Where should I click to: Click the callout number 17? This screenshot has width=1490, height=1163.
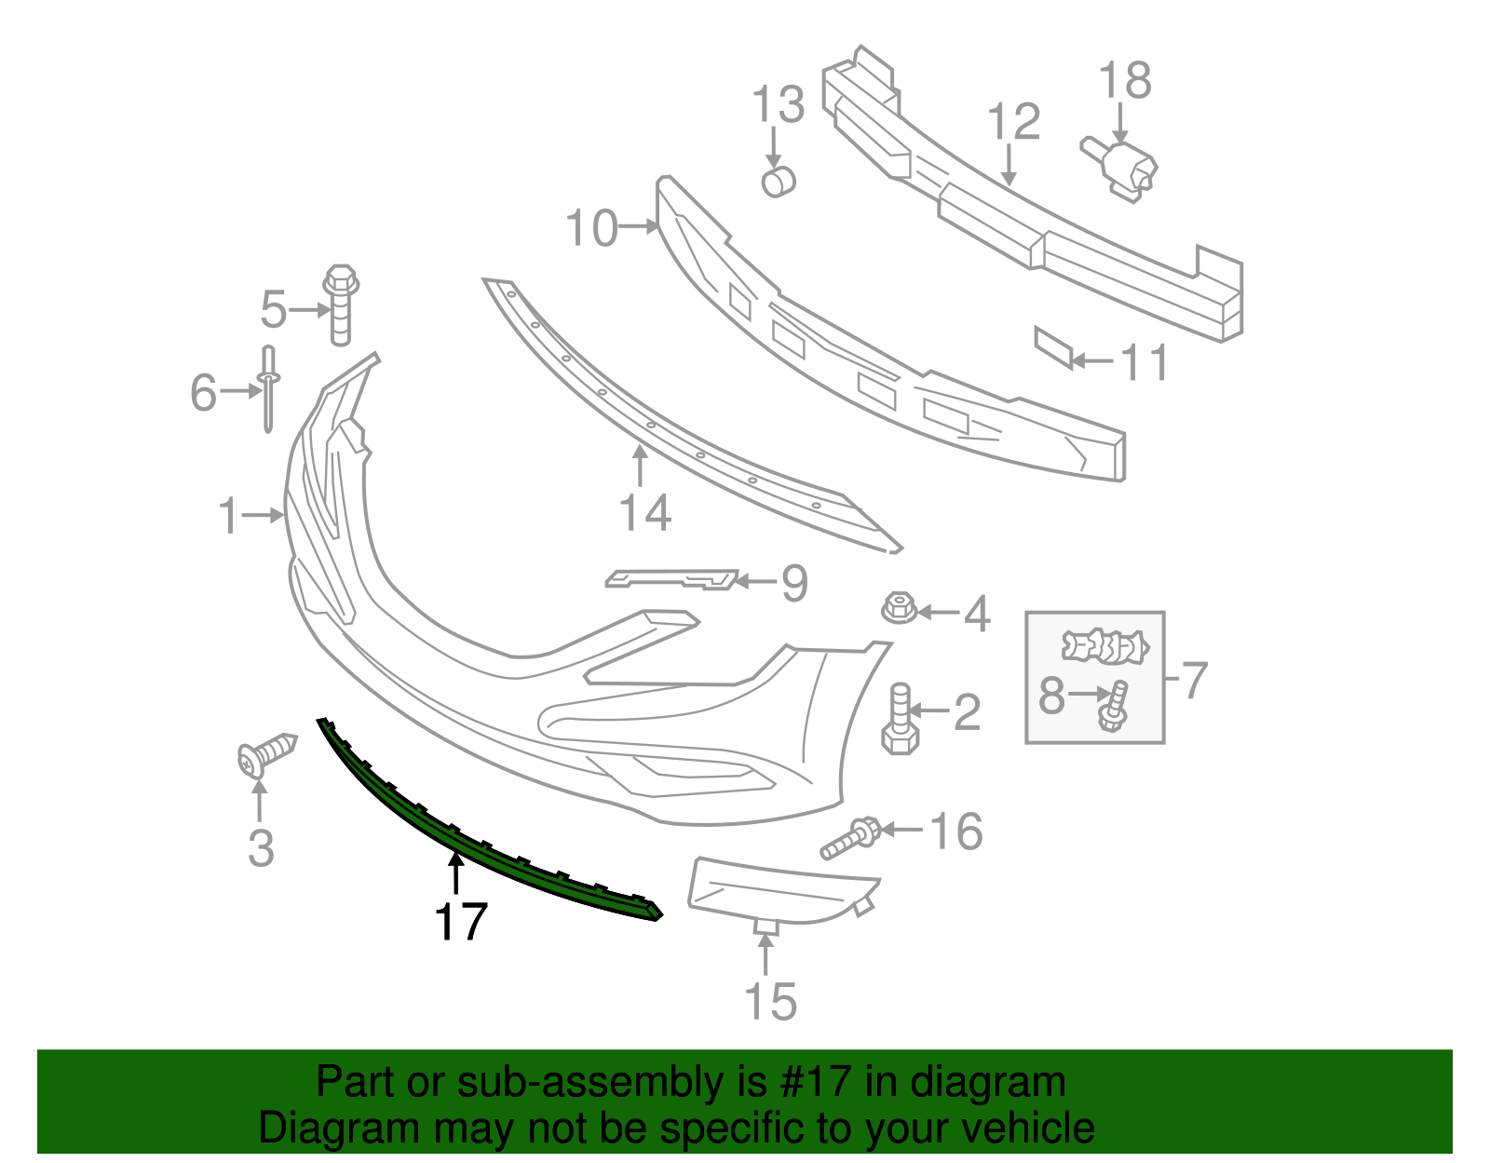pyautogui.click(x=461, y=922)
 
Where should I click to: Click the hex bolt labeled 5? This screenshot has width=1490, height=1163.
pyautogui.click(x=341, y=304)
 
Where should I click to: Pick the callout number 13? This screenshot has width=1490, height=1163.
pyautogui.click(x=778, y=105)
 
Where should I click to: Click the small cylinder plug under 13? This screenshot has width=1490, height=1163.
pyautogui.click(x=778, y=181)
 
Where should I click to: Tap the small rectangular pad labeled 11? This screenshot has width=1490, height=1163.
pyautogui.click(x=1054, y=347)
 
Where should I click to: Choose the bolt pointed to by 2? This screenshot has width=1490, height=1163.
pyautogui.click(x=900, y=721)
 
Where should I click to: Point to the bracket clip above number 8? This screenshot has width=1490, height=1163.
pyautogui.click(x=1105, y=646)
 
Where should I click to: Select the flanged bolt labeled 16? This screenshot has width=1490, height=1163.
pyautogui.click(x=850, y=838)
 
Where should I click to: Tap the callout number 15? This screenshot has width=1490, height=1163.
pyautogui.click(x=770, y=1002)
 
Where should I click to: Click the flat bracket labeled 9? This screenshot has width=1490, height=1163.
pyautogui.click(x=670, y=579)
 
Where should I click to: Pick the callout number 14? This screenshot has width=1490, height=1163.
pyautogui.click(x=644, y=513)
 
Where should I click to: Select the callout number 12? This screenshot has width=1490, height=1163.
pyautogui.click(x=1013, y=123)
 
